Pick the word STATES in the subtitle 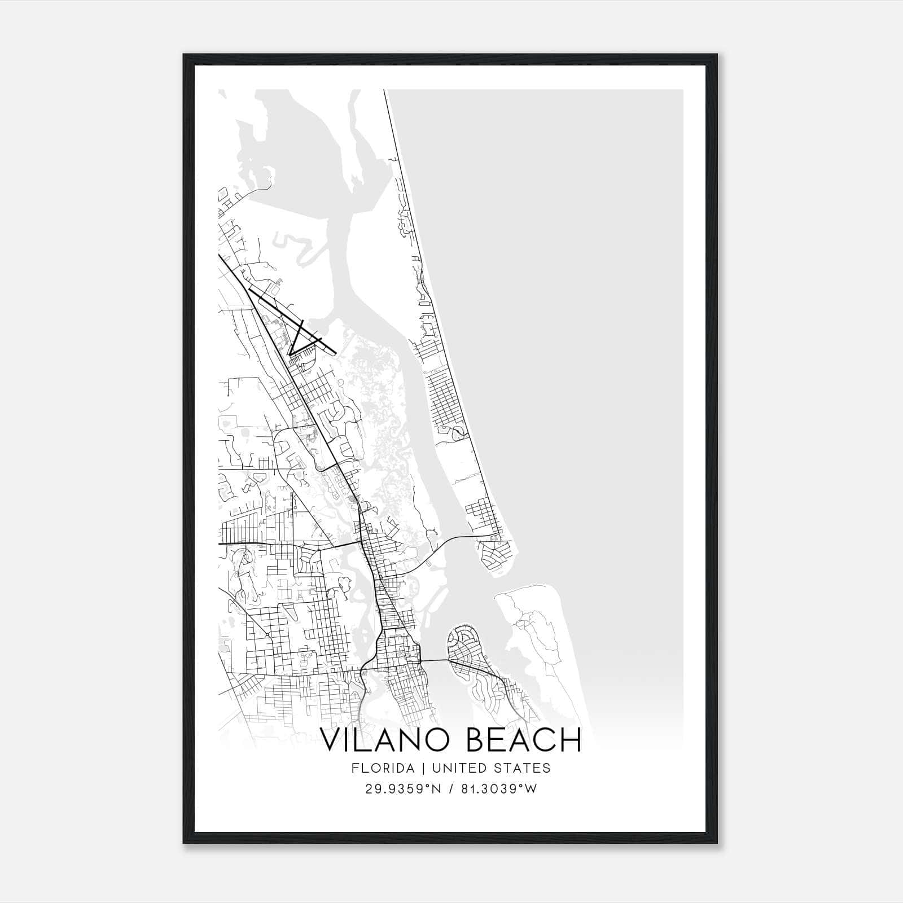pos(521,768)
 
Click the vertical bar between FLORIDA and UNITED pos(415,768)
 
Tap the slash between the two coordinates pos(451,789)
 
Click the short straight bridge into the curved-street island pos(434,660)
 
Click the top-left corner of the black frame pos(184,55)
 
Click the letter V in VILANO pos(332,739)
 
